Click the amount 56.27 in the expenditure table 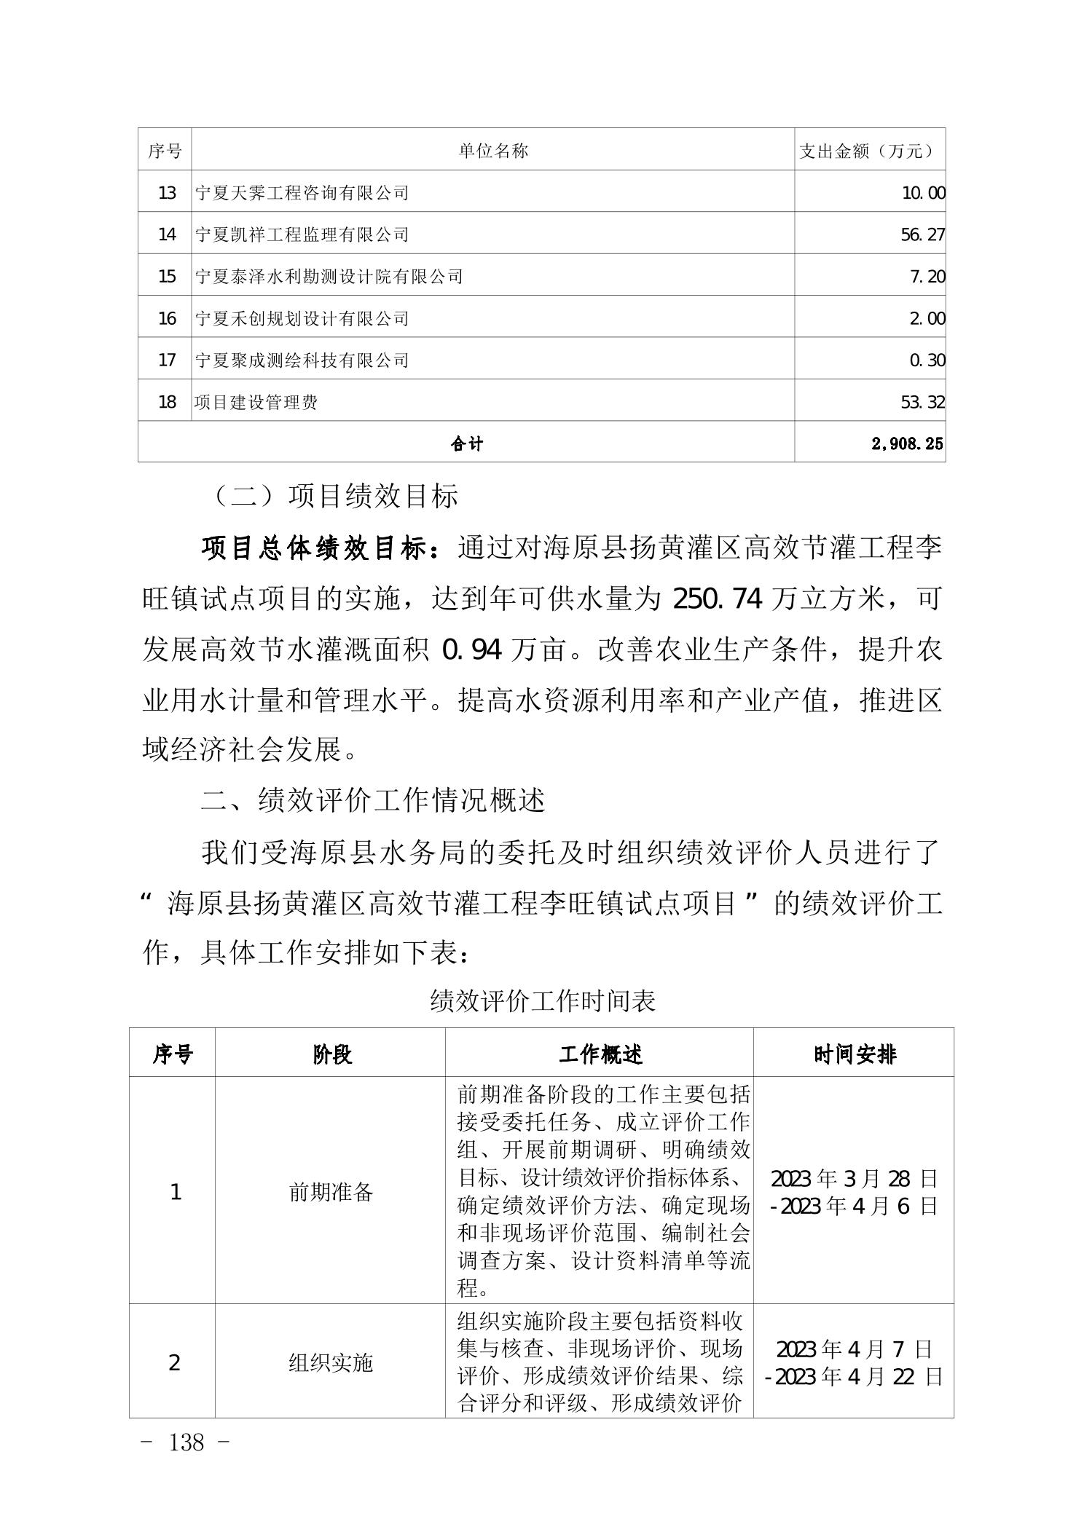click(922, 234)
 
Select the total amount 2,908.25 click(907, 443)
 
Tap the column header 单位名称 click(493, 151)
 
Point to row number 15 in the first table click(167, 277)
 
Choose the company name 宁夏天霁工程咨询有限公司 click(302, 193)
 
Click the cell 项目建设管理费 click(256, 402)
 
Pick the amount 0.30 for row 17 click(927, 360)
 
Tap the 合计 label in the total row click(466, 443)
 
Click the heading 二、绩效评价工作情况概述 click(373, 801)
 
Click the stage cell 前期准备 click(331, 1192)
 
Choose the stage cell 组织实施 click(331, 1362)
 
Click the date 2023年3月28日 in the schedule click(854, 1178)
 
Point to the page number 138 click(186, 1442)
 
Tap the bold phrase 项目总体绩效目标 click(321, 548)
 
